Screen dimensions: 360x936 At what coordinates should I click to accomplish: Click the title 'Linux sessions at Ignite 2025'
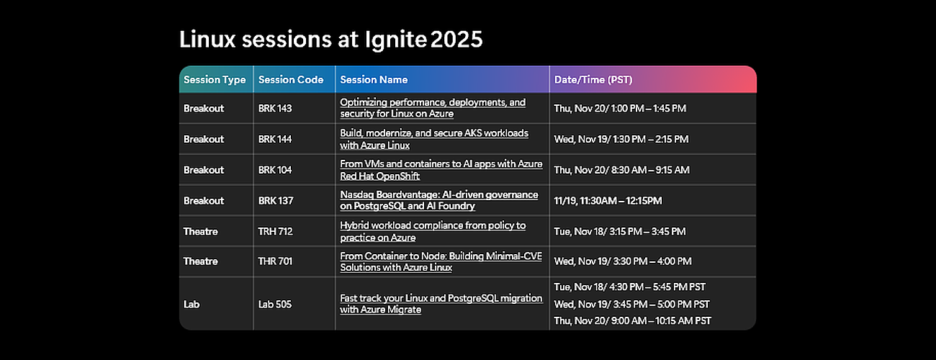click(x=330, y=40)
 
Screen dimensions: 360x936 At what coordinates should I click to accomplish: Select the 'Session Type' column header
click(x=215, y=80)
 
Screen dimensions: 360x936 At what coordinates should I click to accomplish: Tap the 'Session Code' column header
click(x=290, y=80)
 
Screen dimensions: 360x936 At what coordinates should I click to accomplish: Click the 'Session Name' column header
click(x=374, y=80)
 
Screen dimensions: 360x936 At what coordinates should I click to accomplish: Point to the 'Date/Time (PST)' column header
click(x=593, y=80)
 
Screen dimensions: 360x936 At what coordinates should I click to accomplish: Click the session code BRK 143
click(x=275, y=108)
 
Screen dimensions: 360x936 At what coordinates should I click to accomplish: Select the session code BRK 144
click(x=275, y=139)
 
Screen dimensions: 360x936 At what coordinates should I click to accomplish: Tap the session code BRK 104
click(x=275, y=170)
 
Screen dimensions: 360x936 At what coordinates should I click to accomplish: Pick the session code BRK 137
click(x=275, y=201)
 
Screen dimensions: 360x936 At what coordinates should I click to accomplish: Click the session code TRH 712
click(x=275, y=232)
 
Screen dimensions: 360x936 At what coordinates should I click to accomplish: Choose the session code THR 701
click(x=275, y=261)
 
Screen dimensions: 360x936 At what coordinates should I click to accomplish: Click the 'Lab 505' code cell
click(x=275, y=305)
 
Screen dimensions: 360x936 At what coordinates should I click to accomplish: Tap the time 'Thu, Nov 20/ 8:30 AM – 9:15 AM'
click(x=621, y=170)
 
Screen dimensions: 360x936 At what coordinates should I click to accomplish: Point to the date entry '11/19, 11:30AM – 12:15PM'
click(x=608, y=201)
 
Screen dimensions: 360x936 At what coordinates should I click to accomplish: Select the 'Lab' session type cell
click(x=192, y=305)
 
